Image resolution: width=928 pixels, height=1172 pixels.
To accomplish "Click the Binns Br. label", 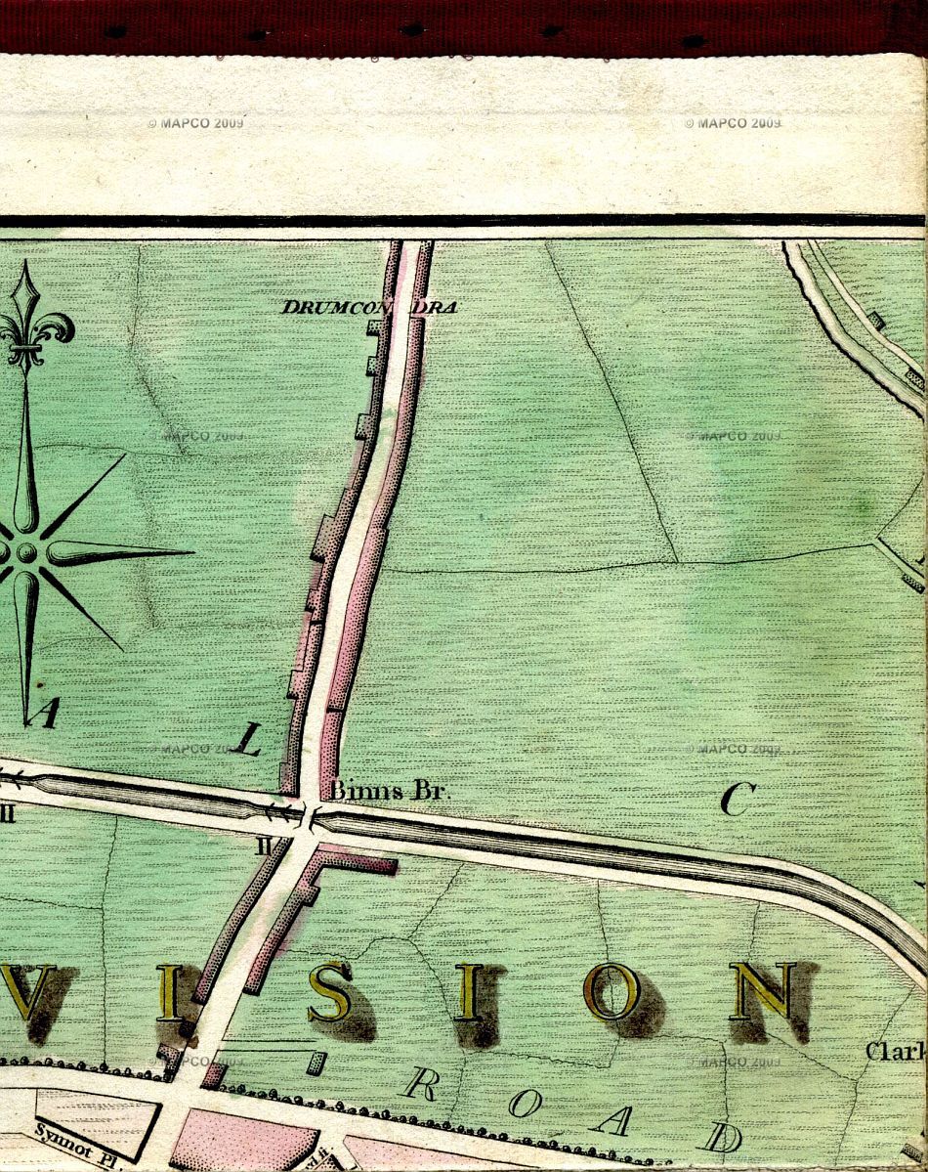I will click(x=389, y=791).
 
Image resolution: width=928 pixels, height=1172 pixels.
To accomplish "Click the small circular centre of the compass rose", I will click(x=25, y=553).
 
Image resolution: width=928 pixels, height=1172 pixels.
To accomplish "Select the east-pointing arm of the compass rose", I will click(x=117, y=553).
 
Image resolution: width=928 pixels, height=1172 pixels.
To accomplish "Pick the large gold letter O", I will click(x=612, y=990).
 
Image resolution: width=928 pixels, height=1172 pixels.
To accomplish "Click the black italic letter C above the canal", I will click(x=738, y=800).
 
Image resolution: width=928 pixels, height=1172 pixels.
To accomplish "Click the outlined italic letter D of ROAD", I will click(x=720, y=1137).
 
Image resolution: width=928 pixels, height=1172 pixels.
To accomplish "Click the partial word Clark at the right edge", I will click(x=895, y=1052).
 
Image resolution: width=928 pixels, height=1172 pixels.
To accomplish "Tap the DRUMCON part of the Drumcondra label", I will click(x=334, y=307).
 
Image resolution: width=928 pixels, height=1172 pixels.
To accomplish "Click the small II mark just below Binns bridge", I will click(x=262, y=846).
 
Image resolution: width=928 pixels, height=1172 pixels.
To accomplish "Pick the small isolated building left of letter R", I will click(x=315, y=1063).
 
